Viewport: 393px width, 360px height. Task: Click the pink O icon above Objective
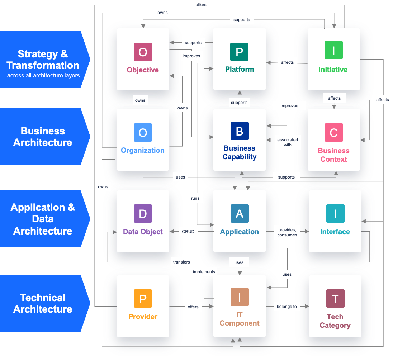coord(143,52)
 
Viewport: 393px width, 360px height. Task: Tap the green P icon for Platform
coord(240,52)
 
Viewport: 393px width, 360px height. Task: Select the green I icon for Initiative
coord(333,50)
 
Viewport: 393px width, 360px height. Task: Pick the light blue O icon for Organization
coord(143,133)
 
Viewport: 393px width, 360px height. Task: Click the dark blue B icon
coord(240,131)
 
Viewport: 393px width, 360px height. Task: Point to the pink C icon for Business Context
coord(333,133)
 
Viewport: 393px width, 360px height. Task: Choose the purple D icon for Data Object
coord(143,214)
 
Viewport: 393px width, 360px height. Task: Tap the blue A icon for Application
coord(240,214)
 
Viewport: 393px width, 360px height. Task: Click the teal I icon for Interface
coord(335,214)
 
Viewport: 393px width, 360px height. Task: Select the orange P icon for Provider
coord(143,299)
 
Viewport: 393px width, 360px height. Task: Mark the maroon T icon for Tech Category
coord(335,299)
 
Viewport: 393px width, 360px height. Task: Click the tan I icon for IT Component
coord(240,297)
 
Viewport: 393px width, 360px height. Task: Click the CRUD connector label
coord(188,232)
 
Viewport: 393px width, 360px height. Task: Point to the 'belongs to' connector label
coord(287,307)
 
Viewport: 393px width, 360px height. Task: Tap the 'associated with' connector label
coord(288,142)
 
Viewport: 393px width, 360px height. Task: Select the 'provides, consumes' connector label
coord(287,232)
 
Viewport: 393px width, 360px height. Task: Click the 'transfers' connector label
coord(181,262)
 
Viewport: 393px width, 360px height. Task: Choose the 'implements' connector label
coord(204,272)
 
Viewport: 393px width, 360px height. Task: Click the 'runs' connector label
coord(195,198)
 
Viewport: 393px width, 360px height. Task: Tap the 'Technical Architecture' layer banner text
coord(43,303)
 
